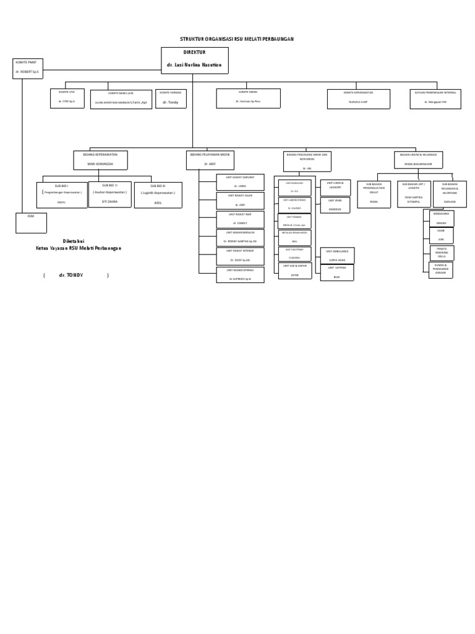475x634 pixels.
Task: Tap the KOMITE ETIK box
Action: coord(67,98)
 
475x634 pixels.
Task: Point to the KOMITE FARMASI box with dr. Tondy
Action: coord(170,98)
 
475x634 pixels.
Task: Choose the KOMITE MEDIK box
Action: coord(248,98)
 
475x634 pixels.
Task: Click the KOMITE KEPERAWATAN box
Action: coord(359,98)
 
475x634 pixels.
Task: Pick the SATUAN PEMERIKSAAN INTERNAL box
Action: coord(435,98)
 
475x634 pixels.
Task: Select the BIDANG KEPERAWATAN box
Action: coord(100,160)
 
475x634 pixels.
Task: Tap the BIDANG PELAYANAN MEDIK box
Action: coord(210,160)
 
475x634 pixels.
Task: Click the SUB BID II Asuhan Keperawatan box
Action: coord(109,194)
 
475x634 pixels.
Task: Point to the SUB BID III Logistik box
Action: coord(158,194)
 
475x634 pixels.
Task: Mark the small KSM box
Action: coord(30,222)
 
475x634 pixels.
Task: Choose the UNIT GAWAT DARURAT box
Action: coord(240,182)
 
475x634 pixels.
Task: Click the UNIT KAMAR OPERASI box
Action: coord(240,275)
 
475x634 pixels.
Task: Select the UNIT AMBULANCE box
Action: coord(337,255)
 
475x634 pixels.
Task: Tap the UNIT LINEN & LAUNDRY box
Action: coord(335,187)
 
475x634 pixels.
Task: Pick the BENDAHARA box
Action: coord(441,218)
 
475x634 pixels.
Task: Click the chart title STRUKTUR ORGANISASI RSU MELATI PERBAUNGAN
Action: coord(237,39)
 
